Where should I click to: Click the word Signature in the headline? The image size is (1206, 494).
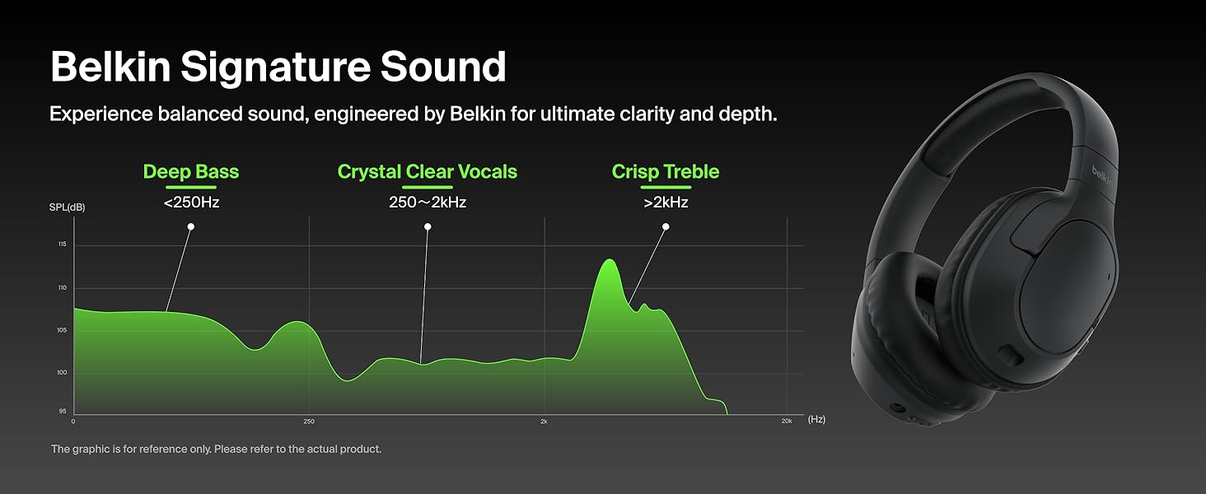[275, 68]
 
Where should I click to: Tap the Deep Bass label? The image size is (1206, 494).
[191, 171]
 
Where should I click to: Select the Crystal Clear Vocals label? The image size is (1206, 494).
[428, 171]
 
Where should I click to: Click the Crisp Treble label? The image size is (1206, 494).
[666, 171]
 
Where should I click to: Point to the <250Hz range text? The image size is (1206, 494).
[191, 203]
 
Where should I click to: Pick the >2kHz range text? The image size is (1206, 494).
[666, 203]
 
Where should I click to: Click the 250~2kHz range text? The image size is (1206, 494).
[428, 203]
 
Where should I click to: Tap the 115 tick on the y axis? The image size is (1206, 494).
[63, 245]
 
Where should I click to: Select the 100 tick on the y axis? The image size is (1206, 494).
[62, 372]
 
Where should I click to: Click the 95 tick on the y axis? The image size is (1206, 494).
[63, 411]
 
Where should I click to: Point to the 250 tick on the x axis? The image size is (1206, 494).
[308, 422]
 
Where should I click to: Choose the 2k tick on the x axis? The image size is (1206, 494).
[544, 422]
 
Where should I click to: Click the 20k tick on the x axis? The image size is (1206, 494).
[787, 422]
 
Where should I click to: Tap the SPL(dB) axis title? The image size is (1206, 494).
[68, 207]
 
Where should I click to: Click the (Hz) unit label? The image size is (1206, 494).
[816, 419]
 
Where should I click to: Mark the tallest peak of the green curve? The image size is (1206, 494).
[610, 260]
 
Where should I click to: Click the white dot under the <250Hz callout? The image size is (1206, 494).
[191, 226]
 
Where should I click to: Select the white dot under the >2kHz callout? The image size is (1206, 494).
[666, 226]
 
